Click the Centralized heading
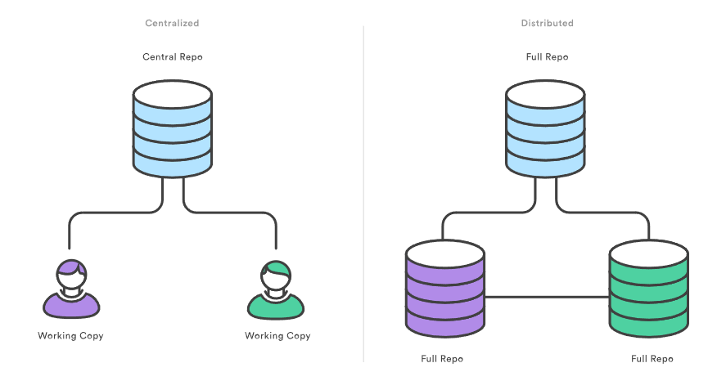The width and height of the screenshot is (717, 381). pos(172,23)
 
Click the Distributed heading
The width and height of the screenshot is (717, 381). pos(547,23)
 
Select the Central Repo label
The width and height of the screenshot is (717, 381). pos(172,57)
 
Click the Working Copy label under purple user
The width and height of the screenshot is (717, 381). pos(71,336)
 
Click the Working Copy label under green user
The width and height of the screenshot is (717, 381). pos(277,336)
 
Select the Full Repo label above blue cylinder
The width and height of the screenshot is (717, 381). pos(547,57)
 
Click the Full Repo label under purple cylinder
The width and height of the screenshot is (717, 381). pos(442,359)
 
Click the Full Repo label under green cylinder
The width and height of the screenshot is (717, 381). pos(652,359)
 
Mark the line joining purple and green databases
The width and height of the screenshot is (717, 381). pos(547,297)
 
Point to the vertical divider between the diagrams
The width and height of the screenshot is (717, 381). pos(363,196)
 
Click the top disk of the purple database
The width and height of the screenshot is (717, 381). pos(446,256)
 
